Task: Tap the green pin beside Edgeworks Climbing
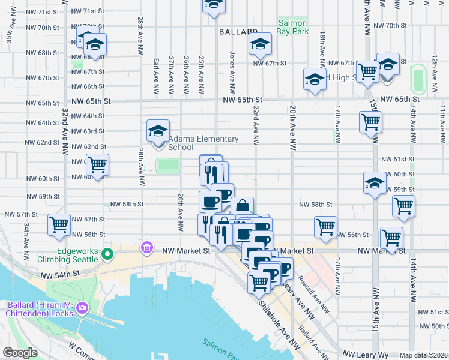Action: click(107, 255)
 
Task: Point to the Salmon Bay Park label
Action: click(292, 27)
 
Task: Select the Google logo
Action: click(19, 353)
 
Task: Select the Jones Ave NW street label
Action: click(232, 66)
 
